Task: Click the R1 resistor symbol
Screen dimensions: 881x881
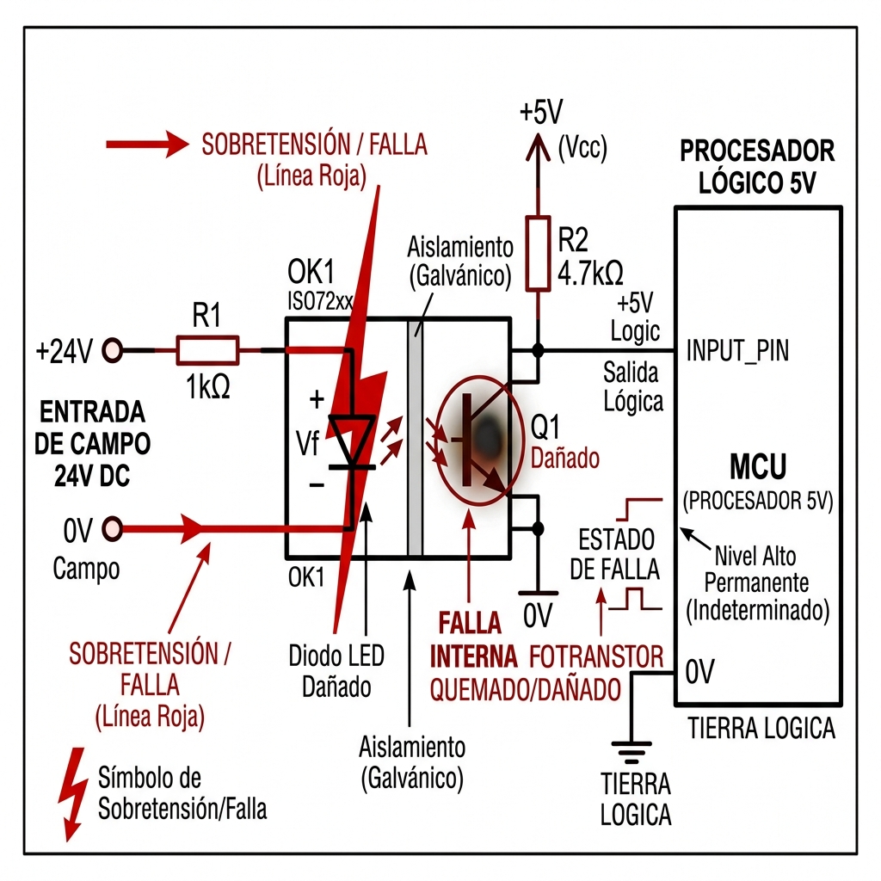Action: (x=207, y=351)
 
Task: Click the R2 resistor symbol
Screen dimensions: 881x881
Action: (x=538, y=254)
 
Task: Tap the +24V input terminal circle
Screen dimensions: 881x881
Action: (x=113, y=351)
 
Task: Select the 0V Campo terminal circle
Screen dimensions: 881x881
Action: (x=113, y=529)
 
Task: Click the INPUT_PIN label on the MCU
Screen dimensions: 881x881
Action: (x=737, y=351)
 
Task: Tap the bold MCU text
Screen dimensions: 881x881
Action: (x=757, y=466)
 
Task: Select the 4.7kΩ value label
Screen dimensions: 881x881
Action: (x=590, y=273)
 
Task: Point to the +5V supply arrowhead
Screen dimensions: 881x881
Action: (x=538, y=147)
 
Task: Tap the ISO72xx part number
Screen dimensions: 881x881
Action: (x=320, y=302)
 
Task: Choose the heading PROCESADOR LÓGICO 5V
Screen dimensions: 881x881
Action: (x=757, y=167)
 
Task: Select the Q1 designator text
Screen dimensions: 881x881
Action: (x=545, y=427)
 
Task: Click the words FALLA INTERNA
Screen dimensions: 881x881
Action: (x=473, y=639)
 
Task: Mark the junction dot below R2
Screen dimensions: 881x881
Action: (x=538, y=351)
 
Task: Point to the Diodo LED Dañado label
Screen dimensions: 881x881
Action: (x=336, y=671)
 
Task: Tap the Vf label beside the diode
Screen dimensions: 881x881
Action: (x=307, y=444)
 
